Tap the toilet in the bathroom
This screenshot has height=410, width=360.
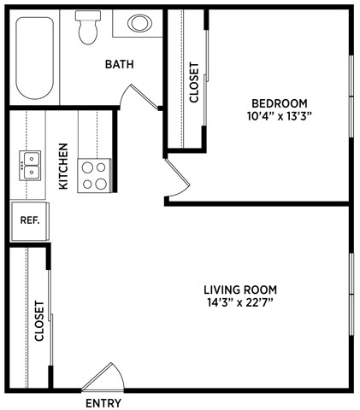86,28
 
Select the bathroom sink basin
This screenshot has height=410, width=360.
139,23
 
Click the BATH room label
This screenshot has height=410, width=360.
119,65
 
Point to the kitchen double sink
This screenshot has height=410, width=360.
32,164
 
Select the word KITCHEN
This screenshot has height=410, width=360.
63,166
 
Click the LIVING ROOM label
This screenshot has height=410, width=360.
240,290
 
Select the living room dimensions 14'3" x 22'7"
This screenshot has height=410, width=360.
240,303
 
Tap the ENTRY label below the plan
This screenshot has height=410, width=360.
103,403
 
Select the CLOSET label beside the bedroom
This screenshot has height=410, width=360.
194,82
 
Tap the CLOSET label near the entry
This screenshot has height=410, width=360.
39,321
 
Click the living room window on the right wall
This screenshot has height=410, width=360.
351,295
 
